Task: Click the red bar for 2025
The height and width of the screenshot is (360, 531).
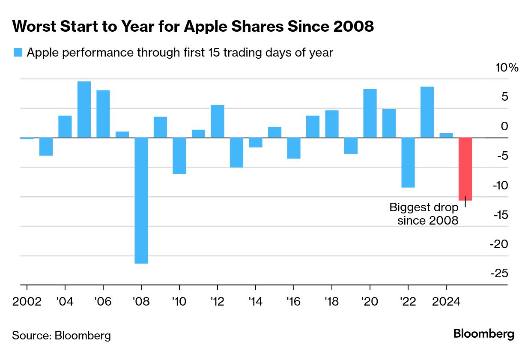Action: tap(465, 169)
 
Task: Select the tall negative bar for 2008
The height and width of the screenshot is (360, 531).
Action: tap(141, 200)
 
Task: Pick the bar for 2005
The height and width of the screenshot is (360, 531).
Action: tap(84, 109)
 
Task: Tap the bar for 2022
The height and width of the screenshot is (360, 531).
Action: tap(408, 162)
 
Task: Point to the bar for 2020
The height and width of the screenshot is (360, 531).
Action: tap(370, 113)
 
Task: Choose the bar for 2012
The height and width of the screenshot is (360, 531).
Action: tap(218, 121)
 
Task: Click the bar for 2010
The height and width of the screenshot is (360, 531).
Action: tap(179, 156)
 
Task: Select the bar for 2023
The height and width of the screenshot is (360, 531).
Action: tap(427, 112)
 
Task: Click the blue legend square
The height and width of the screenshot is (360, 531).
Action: tap(18, 52)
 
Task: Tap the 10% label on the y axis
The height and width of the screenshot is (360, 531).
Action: tap(507, 68)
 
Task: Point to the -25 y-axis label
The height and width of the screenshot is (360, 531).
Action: tap(498, 273)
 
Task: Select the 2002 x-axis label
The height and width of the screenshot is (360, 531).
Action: tap(27, 301)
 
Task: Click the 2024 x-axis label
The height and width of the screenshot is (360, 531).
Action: tap(446, 301)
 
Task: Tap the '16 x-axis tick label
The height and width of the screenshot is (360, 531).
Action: tap(293, 301)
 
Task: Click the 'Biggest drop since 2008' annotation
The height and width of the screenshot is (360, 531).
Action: tap(424, 214)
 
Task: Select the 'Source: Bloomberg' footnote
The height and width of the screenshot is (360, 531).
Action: tap(61, 335)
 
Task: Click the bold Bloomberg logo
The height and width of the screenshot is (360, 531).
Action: tap(484, 334)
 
